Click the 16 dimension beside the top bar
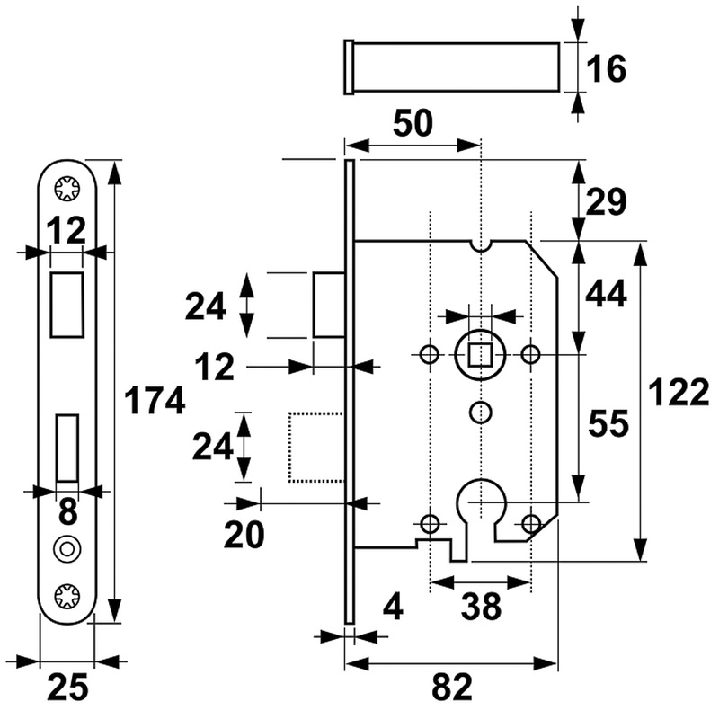coord(608,68)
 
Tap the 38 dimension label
coord(480,608)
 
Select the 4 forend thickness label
coord(391,608)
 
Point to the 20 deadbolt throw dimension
coord(244,535)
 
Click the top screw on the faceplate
coord(67,189)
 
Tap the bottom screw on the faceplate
coord(67,595)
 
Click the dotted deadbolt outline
coord(316,447)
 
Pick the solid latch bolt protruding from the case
coord(328,304)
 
